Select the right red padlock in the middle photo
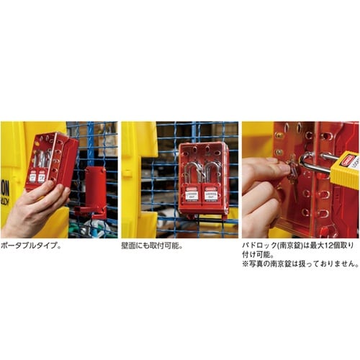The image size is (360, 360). pos(212,192)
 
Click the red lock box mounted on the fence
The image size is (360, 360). pos(204,176)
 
